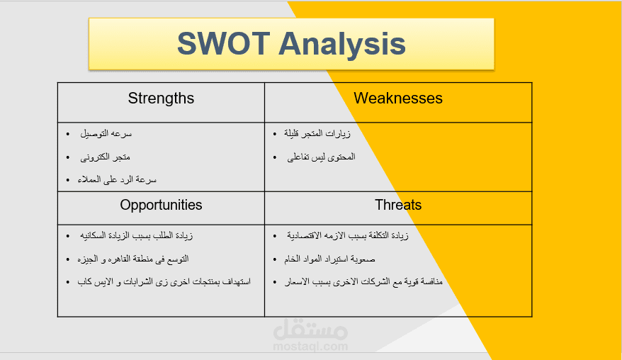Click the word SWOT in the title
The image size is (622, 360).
(224, 43)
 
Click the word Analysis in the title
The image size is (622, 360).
(342, 45)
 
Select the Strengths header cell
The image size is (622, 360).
(161, 103)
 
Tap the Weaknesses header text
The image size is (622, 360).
(398, 98)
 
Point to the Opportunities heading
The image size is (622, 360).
(161, 205)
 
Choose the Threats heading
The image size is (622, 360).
(398, 205)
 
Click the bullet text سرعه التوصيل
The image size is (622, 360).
(106, 134)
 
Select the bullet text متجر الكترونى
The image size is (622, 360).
(105, 157)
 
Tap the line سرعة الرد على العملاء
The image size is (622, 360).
(117, 180)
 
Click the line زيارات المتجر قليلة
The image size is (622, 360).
(317, 134)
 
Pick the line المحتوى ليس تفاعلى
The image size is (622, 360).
(321, 157)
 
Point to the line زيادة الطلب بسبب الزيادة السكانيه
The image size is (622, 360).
(136, 236)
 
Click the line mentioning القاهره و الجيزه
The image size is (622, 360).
(133, 259)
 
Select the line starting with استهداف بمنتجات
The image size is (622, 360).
(164, 282)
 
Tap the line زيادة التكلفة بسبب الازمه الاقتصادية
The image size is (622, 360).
(348, 236)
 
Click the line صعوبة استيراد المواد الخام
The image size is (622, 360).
(329, 259)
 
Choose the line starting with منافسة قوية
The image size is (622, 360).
(363, 282)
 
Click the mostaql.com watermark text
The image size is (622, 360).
(310, 347)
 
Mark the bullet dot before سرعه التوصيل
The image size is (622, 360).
(68, 134)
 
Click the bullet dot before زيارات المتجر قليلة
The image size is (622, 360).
(275, 134)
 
